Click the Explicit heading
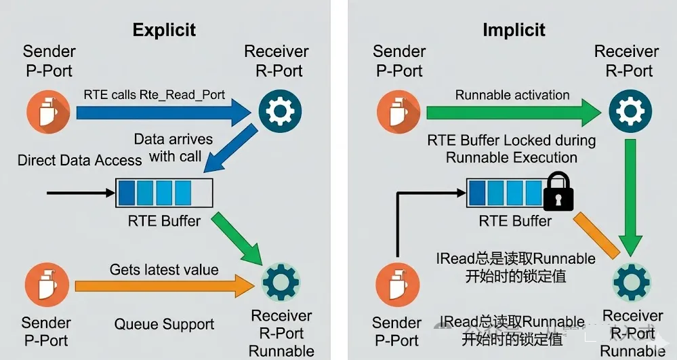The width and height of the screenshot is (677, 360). click(164, 30)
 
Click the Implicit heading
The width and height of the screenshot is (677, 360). click(514, 30)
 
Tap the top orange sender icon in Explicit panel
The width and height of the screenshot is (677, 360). click(47, 112)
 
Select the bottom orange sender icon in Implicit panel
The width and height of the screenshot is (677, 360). click(397, 283)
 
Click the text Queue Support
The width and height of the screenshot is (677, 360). click(164, 324)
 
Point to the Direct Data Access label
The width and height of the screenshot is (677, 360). click(79, 161)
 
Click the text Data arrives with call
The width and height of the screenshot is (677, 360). click(173, 148)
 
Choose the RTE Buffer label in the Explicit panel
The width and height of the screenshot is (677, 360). click(164, 220)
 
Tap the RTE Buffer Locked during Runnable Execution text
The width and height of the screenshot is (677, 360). click(512, 149)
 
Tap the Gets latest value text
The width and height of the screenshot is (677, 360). click(164, 270)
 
